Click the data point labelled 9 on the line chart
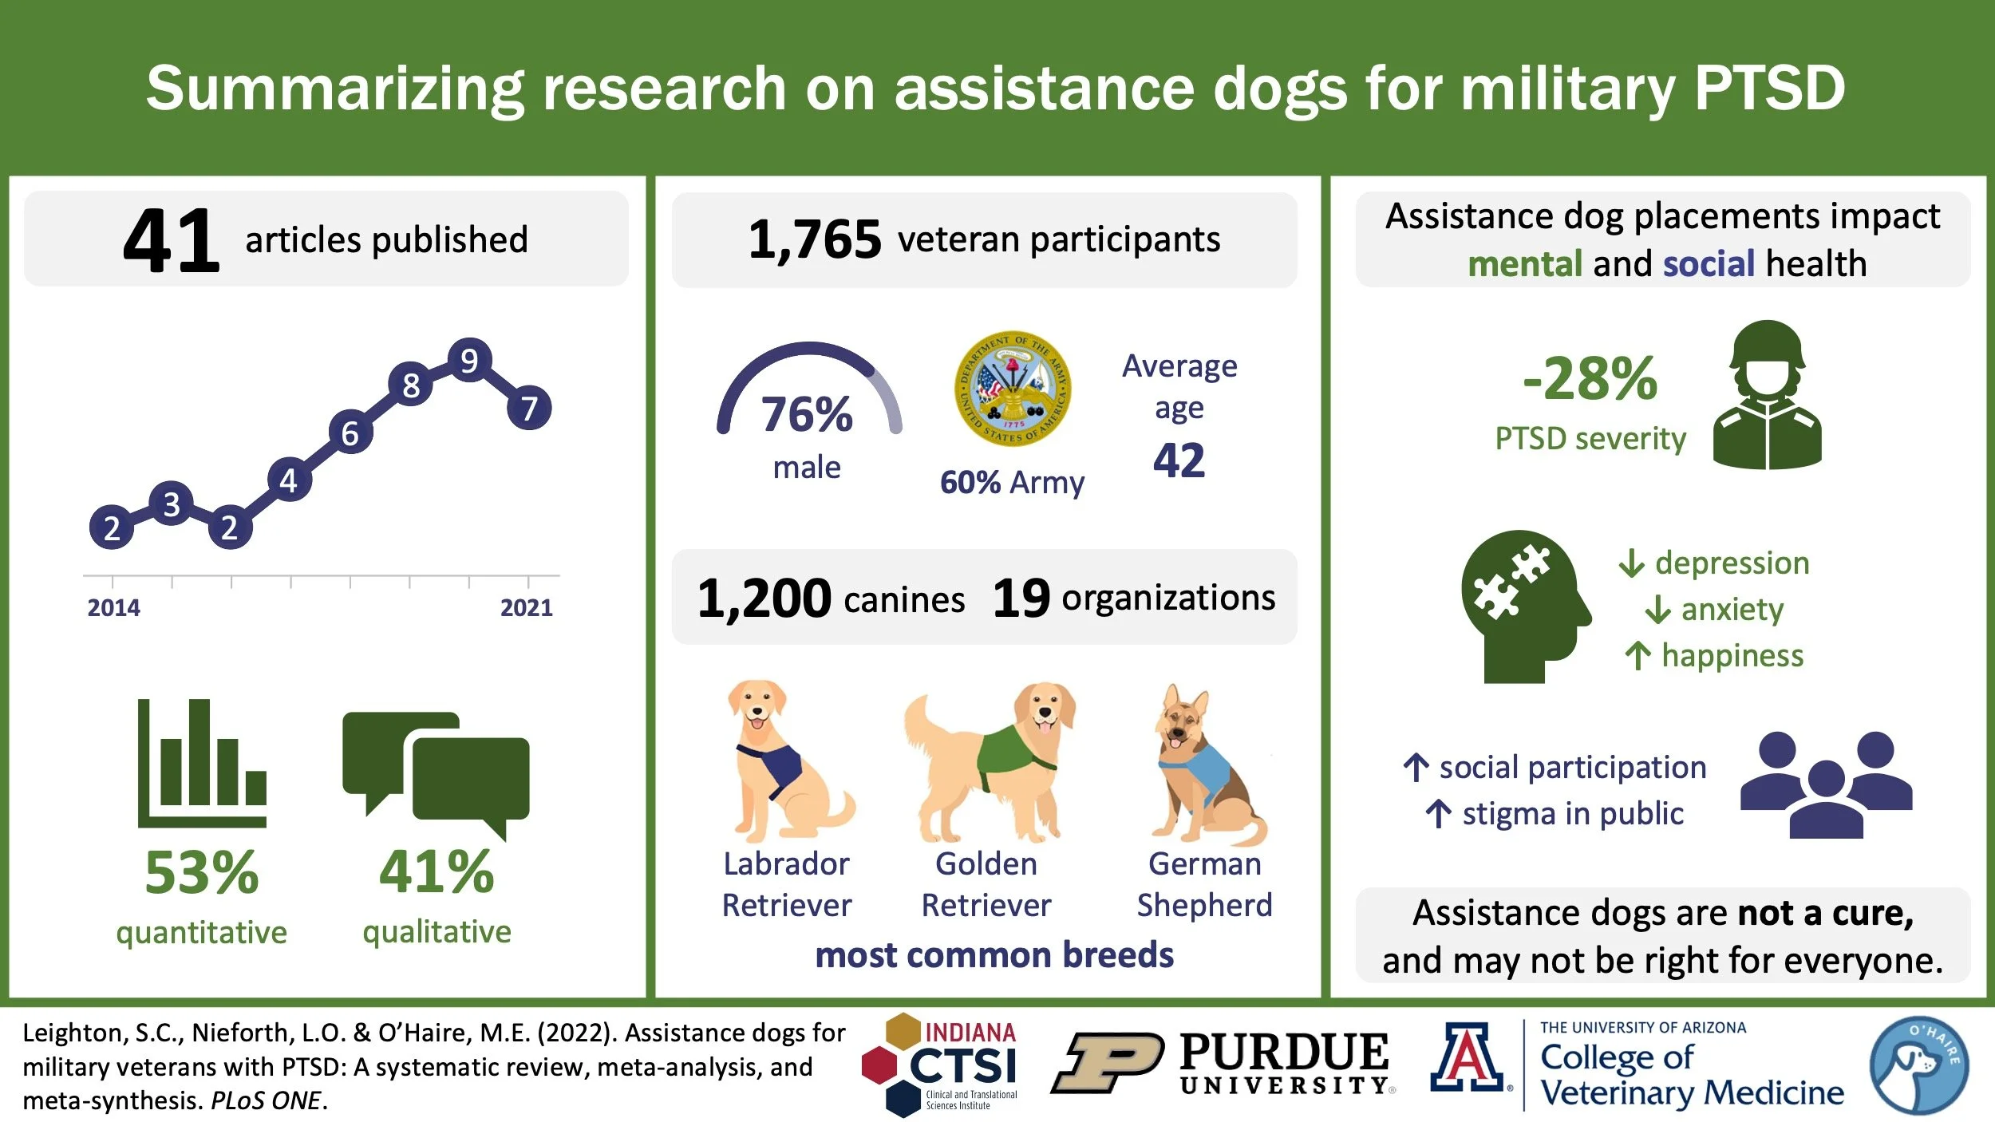(469, 361)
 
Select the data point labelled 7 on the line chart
(529, 409)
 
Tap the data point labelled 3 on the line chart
(171, 504)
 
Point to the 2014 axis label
(113, 608)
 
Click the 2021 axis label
(526, 608)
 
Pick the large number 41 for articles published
(171, 240)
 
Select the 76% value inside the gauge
(807, 414)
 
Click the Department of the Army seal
(1013, 389)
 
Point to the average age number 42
(1179, 460)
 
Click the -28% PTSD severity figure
(1590, 380)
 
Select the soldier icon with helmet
(1767, 395)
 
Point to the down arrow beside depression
(1632, 563)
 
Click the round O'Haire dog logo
(1918, 1065)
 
